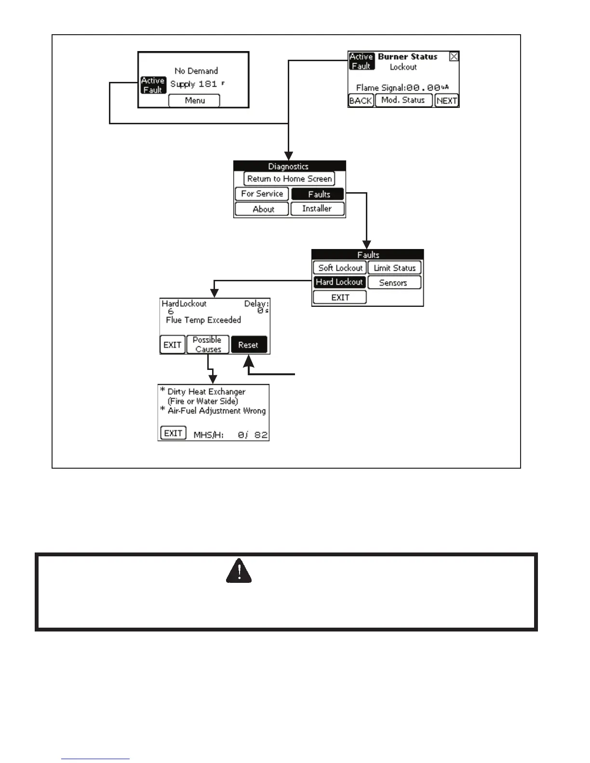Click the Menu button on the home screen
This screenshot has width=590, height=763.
tap(194, 100)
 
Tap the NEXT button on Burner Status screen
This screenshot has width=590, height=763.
tap(446, 100)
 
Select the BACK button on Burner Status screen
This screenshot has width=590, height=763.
tap(361, 100)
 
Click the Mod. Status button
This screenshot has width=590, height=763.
tap(403, 100)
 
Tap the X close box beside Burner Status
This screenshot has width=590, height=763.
tap(454, 56)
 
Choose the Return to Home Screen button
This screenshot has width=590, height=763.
tap(289, 179)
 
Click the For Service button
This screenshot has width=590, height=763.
tap(262, 194)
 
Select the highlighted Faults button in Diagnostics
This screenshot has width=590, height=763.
tap(318, 194)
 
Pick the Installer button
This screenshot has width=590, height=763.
tap(317, 209)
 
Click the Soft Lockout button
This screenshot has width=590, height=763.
tap(340, 268)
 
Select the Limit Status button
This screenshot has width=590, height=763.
tap(394, 268)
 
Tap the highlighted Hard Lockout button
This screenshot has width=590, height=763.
tap(339, 282)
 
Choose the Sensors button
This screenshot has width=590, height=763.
tap(394, 283)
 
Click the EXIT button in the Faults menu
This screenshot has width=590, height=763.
tap(340, 297)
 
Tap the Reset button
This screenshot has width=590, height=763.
tap(248, 345)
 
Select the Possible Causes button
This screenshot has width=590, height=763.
tap(208, 344)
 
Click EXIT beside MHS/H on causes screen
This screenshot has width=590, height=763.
tap(173, 433)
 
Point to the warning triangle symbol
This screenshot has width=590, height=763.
tap(239, 571)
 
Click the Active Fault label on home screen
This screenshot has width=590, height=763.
tap(153, 85)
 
